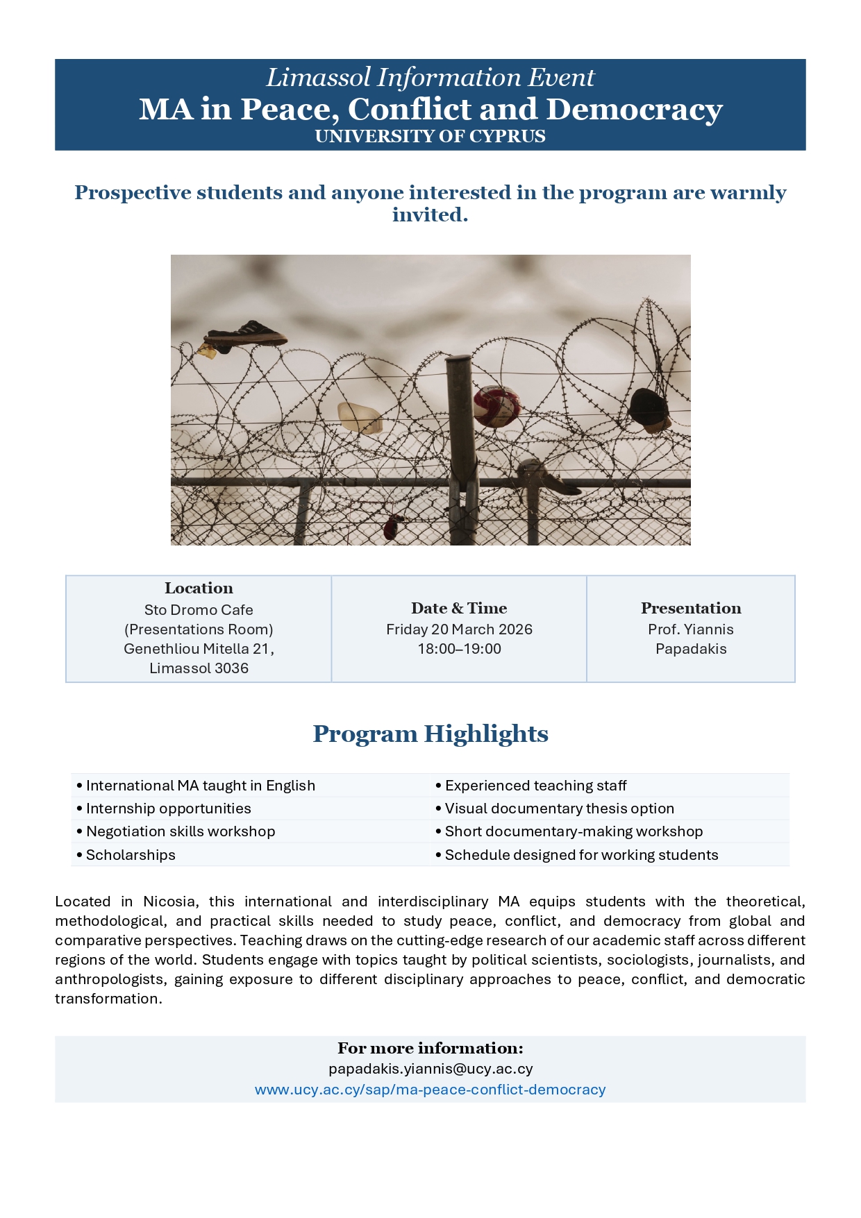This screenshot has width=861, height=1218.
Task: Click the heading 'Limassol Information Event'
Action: click(x=430, y=78)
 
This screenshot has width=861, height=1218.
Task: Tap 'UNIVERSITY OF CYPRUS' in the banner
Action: click(x=430, y=136)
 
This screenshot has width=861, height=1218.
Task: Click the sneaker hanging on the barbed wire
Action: click(x=247, y=334)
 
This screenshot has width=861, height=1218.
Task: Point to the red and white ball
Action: click(x=497, y=405)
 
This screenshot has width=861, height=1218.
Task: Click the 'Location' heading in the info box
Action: click(x=199, y=588)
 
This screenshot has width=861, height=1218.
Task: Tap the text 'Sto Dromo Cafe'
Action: click(x=199, y=610)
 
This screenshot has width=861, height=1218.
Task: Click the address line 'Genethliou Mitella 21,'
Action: click(x=199, y=649)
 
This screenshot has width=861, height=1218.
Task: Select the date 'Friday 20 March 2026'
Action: click(x=459, y=629)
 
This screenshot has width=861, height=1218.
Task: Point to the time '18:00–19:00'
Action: click(x=459, y=649)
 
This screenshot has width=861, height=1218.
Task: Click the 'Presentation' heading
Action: click(x=691, y=608)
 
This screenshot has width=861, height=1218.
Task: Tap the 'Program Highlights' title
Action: click(x=430, y=734)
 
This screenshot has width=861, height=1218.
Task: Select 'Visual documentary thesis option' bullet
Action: click(x=559, y=809)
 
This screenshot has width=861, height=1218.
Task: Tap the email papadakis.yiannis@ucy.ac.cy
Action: click(x=430, y=1069)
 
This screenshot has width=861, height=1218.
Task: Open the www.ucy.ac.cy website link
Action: click(x=430, y=1090)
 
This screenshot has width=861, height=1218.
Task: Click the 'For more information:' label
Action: click(x=430, y=1048)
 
